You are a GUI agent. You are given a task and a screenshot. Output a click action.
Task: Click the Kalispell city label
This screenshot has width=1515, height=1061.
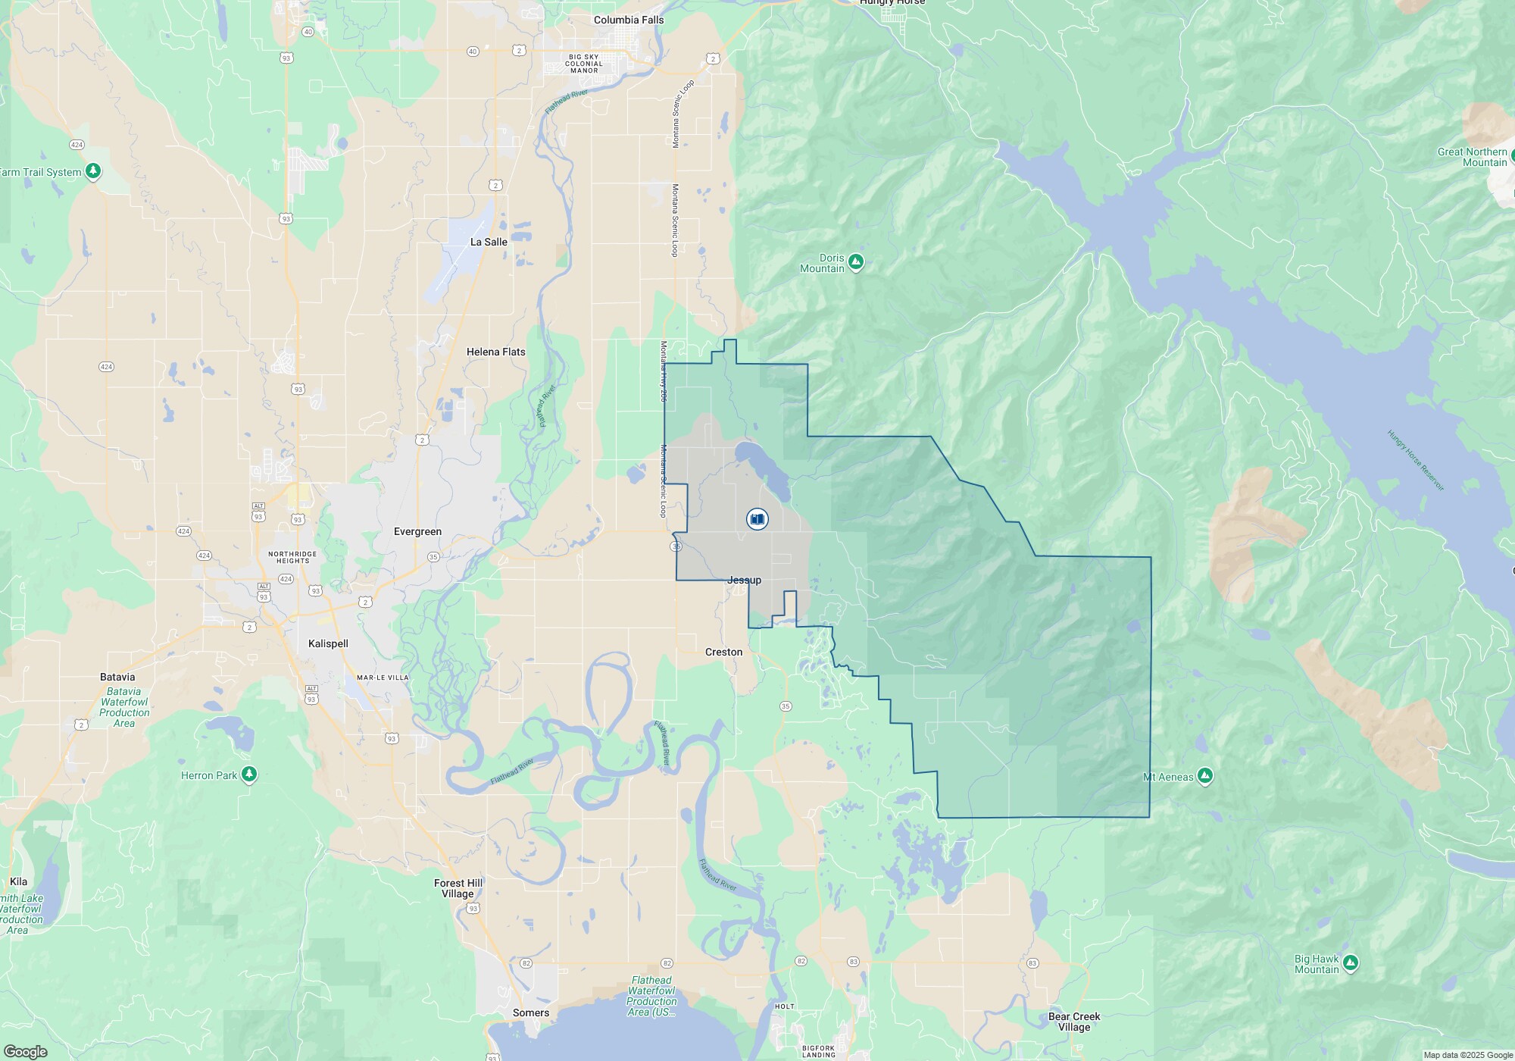(x=328, y=643)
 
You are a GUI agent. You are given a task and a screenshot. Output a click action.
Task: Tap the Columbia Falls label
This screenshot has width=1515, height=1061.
(x=628, y=20)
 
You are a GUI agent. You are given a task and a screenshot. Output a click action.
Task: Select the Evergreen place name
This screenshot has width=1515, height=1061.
(x=417, y=531)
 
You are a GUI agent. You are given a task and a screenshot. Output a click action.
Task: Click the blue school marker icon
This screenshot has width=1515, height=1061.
(x=757, y=519)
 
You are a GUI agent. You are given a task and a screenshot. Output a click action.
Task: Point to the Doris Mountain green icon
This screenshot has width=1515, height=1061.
(x=856, y=262)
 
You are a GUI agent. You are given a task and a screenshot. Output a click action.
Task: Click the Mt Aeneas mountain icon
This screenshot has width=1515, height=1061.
(x=1205, y=776)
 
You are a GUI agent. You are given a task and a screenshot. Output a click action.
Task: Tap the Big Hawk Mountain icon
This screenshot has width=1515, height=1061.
(x=1350, y=964)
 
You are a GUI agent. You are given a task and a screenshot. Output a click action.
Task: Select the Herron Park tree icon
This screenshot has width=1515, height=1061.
(x=249, y=775)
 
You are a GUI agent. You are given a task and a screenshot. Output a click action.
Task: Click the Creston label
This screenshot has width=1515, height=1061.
(x=723, y=652)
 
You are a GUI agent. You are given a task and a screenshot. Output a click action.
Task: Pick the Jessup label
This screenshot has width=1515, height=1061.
(x=744, y=580)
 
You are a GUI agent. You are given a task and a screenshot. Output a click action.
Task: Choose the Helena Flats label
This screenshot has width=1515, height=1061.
(x=495, y=352)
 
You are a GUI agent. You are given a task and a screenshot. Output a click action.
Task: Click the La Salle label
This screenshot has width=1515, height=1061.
(x=489, y=242)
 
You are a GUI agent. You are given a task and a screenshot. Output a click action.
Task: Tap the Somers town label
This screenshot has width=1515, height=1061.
(x=530, y=1012)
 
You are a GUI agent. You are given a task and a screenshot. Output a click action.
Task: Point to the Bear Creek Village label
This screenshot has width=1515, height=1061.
(x=1074, y=1022)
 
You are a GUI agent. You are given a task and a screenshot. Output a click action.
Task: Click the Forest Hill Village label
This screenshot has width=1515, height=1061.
(x=458, y=888)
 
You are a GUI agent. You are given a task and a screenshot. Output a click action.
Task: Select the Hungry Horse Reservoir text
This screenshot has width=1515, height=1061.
(x=1415, y=460)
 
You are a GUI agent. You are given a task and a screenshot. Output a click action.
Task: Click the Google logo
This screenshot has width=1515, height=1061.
(x=25, y=1051)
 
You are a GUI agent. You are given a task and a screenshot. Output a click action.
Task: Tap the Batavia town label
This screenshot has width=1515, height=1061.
(x=117, y=677)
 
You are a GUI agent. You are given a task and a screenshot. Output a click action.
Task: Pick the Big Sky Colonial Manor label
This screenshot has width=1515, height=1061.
(x=584, y=64)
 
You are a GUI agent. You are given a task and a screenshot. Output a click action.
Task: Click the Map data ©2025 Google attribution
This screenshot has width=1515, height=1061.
(x=1467, y=1055)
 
